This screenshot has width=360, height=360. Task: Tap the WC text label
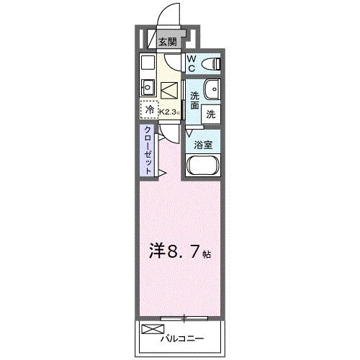192,64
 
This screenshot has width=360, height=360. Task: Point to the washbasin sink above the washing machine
212,90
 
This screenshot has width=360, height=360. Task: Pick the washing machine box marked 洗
212,113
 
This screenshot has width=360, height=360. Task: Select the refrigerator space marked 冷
149,110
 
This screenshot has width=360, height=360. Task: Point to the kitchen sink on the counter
148,88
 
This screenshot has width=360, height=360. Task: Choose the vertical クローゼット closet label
147,149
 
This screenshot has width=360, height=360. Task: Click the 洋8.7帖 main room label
179,253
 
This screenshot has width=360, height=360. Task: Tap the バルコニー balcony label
181,338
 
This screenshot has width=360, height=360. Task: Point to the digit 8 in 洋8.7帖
173,253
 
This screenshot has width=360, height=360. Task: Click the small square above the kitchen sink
148,62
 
